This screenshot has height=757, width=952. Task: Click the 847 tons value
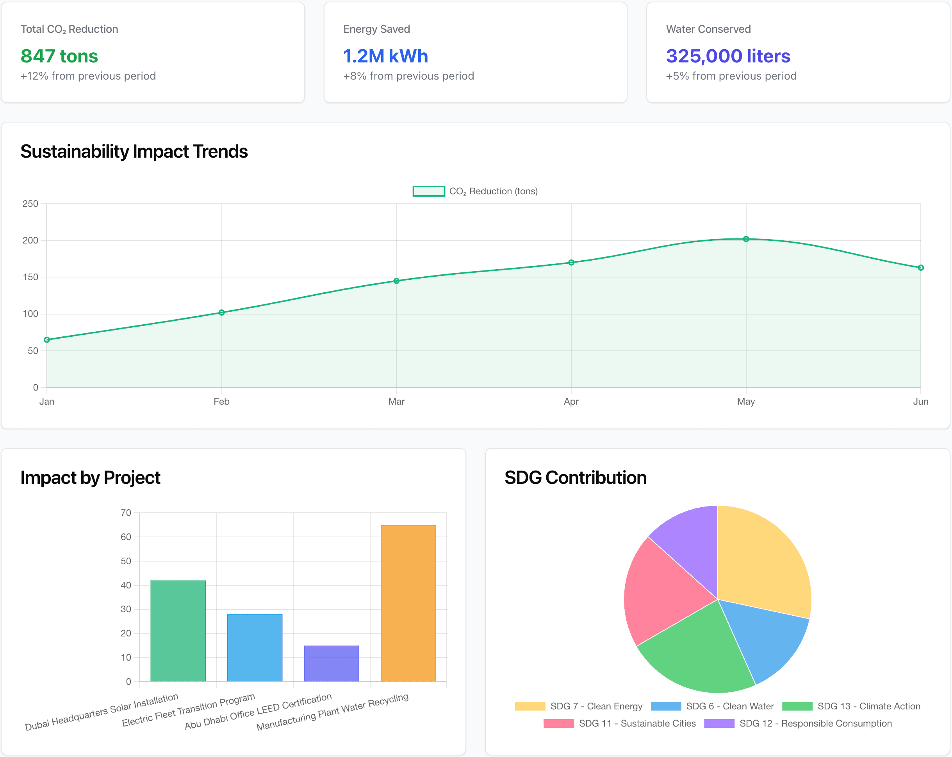tap(59, 56)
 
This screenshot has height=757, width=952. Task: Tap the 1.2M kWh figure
tap(385, 56)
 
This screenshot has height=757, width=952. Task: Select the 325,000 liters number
tap(728, 56)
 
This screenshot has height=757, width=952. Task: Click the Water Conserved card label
tap(708, 29)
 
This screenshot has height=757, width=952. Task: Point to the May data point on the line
tap(746, 239)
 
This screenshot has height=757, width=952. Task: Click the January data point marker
tap(47, 340)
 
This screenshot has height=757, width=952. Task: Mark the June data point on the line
tap(920, 268)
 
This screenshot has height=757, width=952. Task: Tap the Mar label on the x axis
tap(396, 402)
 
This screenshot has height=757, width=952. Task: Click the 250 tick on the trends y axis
tap(30, 204)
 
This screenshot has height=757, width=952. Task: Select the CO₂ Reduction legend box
tap(428, 191)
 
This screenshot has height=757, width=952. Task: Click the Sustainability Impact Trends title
tap(134, 151)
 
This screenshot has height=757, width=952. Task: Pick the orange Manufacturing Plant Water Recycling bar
tap(408, 603)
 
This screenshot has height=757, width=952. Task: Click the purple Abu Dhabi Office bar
tap(331, 663)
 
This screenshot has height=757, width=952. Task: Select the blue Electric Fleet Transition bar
tap(255, 648)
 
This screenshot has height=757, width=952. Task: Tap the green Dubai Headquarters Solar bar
tap(178, 631)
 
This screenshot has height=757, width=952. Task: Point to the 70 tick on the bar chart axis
tap(126, 513)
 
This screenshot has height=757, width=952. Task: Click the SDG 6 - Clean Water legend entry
tap(712, 706)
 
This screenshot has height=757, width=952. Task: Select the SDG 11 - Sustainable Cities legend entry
tap(620, 723)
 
